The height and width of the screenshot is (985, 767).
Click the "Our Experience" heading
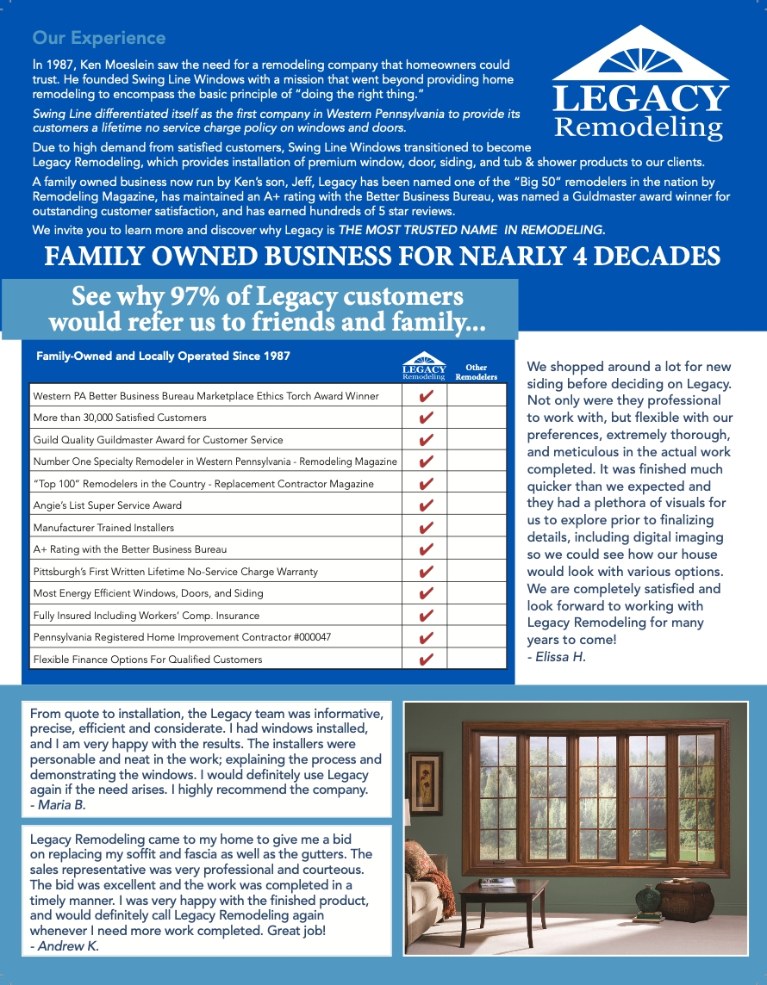[x=98, y=38]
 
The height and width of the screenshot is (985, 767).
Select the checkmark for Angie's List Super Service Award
[x=425, y=505]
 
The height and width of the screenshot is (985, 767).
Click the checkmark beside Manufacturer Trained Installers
[x=425, y=528]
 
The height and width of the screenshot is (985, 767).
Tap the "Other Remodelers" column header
[x=476, y=372]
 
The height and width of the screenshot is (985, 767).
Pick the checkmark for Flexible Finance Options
[x=425, y=660]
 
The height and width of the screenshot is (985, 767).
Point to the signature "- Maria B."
[x=58, y=805]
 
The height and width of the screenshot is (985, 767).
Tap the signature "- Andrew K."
[x=65, y=945]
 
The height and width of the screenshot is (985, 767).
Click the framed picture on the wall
[x=424, y=783]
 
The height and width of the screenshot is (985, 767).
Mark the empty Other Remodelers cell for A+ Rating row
[x=476, y=549]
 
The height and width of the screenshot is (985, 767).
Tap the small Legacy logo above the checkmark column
[x=424, y=366]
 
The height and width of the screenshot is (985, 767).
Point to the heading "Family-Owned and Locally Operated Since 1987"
[x=163, y=356]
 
